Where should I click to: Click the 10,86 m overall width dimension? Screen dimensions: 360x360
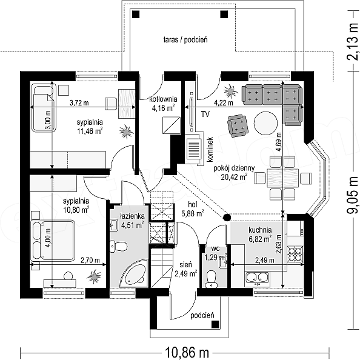point(187,352)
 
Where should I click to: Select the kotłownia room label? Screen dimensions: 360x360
point(163,99)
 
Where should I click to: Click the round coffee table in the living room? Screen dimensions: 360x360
point(266,123)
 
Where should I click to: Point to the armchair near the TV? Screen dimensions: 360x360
point(238,126)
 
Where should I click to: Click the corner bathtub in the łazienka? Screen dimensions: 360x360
point(134,274)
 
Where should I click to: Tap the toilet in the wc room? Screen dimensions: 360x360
point(211,279)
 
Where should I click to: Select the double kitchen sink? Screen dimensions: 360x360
point(257,278)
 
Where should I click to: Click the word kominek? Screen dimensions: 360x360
point(210,149)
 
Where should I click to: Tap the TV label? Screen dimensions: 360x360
point(205,114)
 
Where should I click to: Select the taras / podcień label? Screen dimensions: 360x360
point(185,40)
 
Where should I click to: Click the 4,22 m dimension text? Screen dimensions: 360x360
point(224,103)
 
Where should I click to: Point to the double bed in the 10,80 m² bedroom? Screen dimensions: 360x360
point(53,241)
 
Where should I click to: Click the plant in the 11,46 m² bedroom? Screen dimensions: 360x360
point(126,132)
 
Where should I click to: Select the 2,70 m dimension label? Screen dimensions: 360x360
point(90,260)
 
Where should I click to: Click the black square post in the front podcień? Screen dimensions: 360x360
point(215,324)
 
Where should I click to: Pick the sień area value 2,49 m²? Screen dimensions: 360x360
point(185,274)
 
